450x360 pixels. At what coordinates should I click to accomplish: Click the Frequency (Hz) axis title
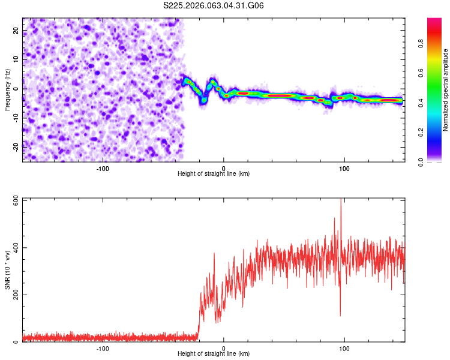[7, 89]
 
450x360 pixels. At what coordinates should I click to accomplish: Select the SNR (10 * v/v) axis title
[7, 270]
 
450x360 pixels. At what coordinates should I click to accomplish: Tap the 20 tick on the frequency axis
[16, 31]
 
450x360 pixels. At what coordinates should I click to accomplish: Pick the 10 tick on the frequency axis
[16, 59]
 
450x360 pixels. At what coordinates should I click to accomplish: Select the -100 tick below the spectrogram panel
[103, 167]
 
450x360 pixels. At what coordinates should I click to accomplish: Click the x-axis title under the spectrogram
[214, 174]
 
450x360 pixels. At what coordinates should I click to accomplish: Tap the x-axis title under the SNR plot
[214, 354]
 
